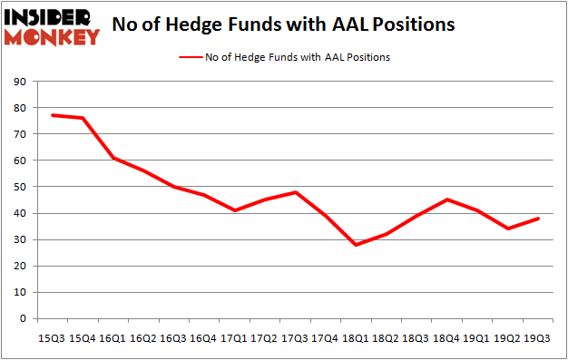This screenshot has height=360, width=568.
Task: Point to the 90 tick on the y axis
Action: coord(20,82)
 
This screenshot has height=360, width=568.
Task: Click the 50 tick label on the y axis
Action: coord(20,187)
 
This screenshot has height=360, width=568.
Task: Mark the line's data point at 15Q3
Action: coord(53,115)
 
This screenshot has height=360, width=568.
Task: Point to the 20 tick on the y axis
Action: coord(20,267)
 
